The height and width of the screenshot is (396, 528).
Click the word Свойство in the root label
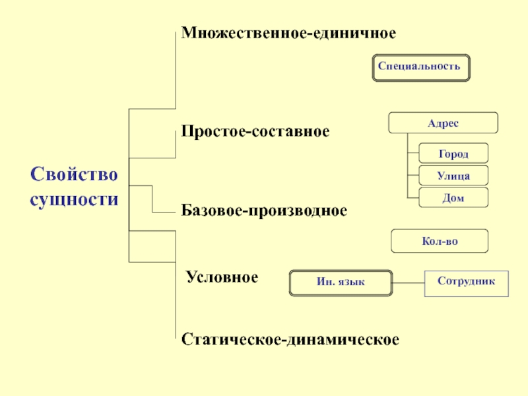coord(74,174)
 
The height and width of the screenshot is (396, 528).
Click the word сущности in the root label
coord(74,199)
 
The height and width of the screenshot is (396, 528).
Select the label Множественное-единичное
coord(288,33)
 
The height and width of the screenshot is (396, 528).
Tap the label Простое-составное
coord(255,131)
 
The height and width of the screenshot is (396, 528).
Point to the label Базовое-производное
coord(264,211)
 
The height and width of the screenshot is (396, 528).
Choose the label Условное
coord(222,277)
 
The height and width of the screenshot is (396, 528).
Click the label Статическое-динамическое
coord(290,339)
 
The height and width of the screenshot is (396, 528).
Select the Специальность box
coord(421,68)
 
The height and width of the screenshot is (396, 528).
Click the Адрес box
coord(443,123)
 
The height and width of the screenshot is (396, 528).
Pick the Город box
coord(453,153)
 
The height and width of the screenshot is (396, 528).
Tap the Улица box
coord(453,175)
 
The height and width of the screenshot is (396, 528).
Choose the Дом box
coord(453,197)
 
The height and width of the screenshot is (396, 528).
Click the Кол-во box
coord(440,241)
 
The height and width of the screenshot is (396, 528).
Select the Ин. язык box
coord(341,283)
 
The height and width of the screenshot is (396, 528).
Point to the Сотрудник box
coord(467,284)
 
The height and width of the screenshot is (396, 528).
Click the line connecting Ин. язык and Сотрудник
coord(409,283)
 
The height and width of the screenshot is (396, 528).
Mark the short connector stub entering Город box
coord(413,153)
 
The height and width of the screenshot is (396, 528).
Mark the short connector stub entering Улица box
coord(413,175)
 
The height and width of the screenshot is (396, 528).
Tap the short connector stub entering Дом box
coord(413,197)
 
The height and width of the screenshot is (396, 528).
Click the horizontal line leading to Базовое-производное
coord(164,212)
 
